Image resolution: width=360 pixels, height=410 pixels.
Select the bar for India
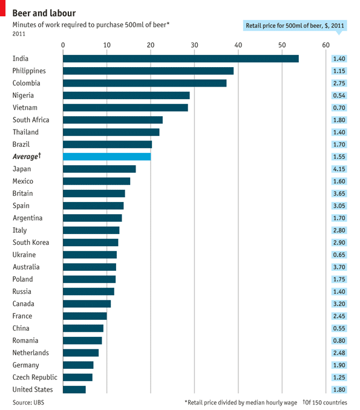(181, 59)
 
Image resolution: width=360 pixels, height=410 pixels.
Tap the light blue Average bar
(107, 157)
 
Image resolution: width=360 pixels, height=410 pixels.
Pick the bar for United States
(74, 389)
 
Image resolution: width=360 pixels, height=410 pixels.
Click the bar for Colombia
(145, 83)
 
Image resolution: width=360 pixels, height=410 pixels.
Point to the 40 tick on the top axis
(238, 45)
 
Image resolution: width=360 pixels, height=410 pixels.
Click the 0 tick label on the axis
(64, 45)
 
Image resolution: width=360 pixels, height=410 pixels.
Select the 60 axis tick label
(326, 45)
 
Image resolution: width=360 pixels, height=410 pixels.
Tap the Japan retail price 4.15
(339, 169)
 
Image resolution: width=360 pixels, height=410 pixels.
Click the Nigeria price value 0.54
(339, 96)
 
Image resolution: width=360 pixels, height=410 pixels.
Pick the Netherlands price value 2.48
(339, 353)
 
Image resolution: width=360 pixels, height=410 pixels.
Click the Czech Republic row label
(35, 377)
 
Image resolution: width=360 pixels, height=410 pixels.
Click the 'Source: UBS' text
(28, 402)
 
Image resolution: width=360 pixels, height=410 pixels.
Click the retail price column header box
(295, 25)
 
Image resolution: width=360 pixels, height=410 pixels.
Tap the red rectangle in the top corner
(2, 8)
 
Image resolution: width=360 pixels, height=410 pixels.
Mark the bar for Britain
(94, 194)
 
